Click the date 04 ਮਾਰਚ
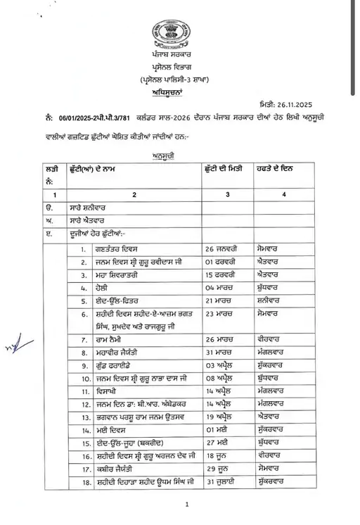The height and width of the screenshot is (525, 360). [x=220, y=288]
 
